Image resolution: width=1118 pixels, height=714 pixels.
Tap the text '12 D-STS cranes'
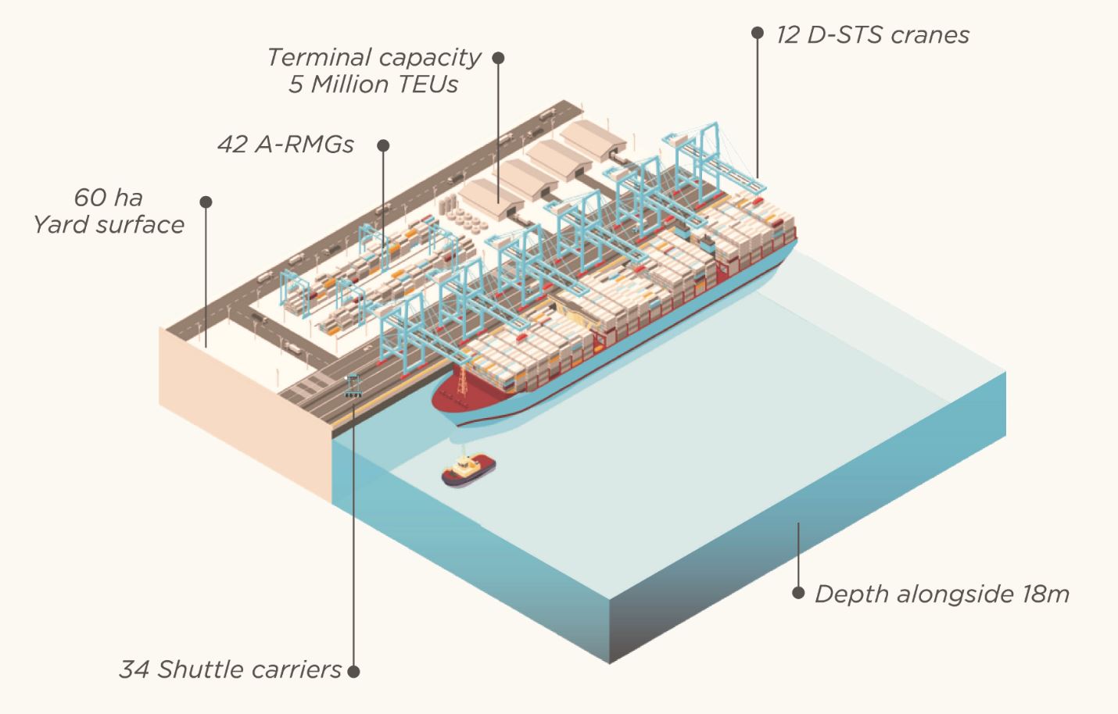click(x=872, y=35)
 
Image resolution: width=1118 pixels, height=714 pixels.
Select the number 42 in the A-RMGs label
click(x=233, y=145)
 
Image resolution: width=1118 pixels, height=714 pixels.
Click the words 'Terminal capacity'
click(x=374, y=58)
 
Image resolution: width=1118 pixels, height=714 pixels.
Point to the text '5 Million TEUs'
click(x=374, y=84)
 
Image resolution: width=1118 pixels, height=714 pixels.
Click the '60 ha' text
click(x=108, y=197)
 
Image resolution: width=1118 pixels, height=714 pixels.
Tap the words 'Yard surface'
click(x=109, y=225)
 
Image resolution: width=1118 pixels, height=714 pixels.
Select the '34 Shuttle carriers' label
click(x=230, y=669)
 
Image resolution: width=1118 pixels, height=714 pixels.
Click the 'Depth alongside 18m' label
click(x=941, y=594)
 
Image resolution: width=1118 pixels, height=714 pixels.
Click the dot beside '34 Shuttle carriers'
click(x=353, y=670)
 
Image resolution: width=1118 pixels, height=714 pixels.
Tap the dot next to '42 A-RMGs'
click(x=383, y=145)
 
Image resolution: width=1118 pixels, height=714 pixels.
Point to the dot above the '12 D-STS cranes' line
click(x=757, y=33)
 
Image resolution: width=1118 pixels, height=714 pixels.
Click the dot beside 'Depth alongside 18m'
click(x=798, y=593)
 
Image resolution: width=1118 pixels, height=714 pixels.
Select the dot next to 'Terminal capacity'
click(x=498, y=58)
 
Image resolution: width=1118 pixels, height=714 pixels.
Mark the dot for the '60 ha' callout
click(x=206, y=202)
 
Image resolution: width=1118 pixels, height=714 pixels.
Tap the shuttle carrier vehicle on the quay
click(x=353, y=386)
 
